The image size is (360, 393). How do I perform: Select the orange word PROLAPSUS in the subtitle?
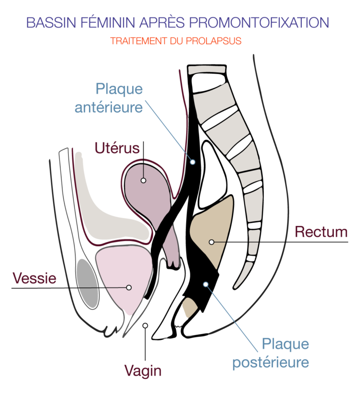(219, 41)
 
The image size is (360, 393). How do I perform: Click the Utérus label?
(117, 148)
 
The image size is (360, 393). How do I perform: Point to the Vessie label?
(35, 278)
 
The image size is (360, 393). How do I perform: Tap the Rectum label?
(321, 231)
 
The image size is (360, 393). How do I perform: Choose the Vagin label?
(143, 371)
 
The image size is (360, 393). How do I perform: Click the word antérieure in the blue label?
(109, 107)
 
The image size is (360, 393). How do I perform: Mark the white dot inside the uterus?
(143, 180)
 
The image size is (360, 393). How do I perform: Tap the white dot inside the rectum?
(211, 242)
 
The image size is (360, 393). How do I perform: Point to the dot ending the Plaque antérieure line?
(192, 162)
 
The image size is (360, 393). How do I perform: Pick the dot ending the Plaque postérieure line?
(205, 284)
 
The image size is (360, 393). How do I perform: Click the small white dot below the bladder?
(145, 325)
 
